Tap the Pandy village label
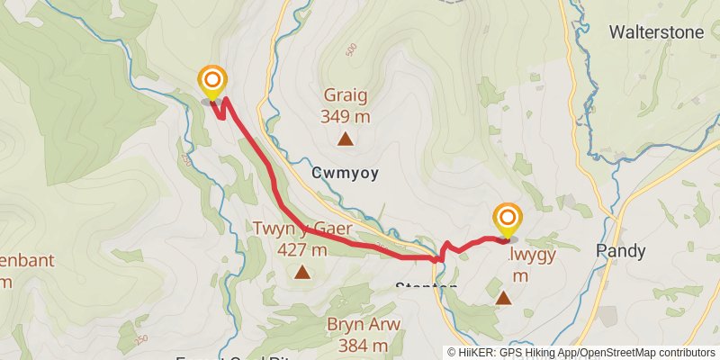(x=621, y=252)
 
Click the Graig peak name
(x=345, y=96)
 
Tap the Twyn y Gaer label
(x=301, y=229)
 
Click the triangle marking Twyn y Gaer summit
(x=302, y=272)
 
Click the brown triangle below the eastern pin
(x=504, y=297)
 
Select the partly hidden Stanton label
(x=427, y=287)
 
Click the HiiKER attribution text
(x=504, y=353)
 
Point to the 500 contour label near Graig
(x=350, y=48)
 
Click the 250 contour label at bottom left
(x=139, y=339)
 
